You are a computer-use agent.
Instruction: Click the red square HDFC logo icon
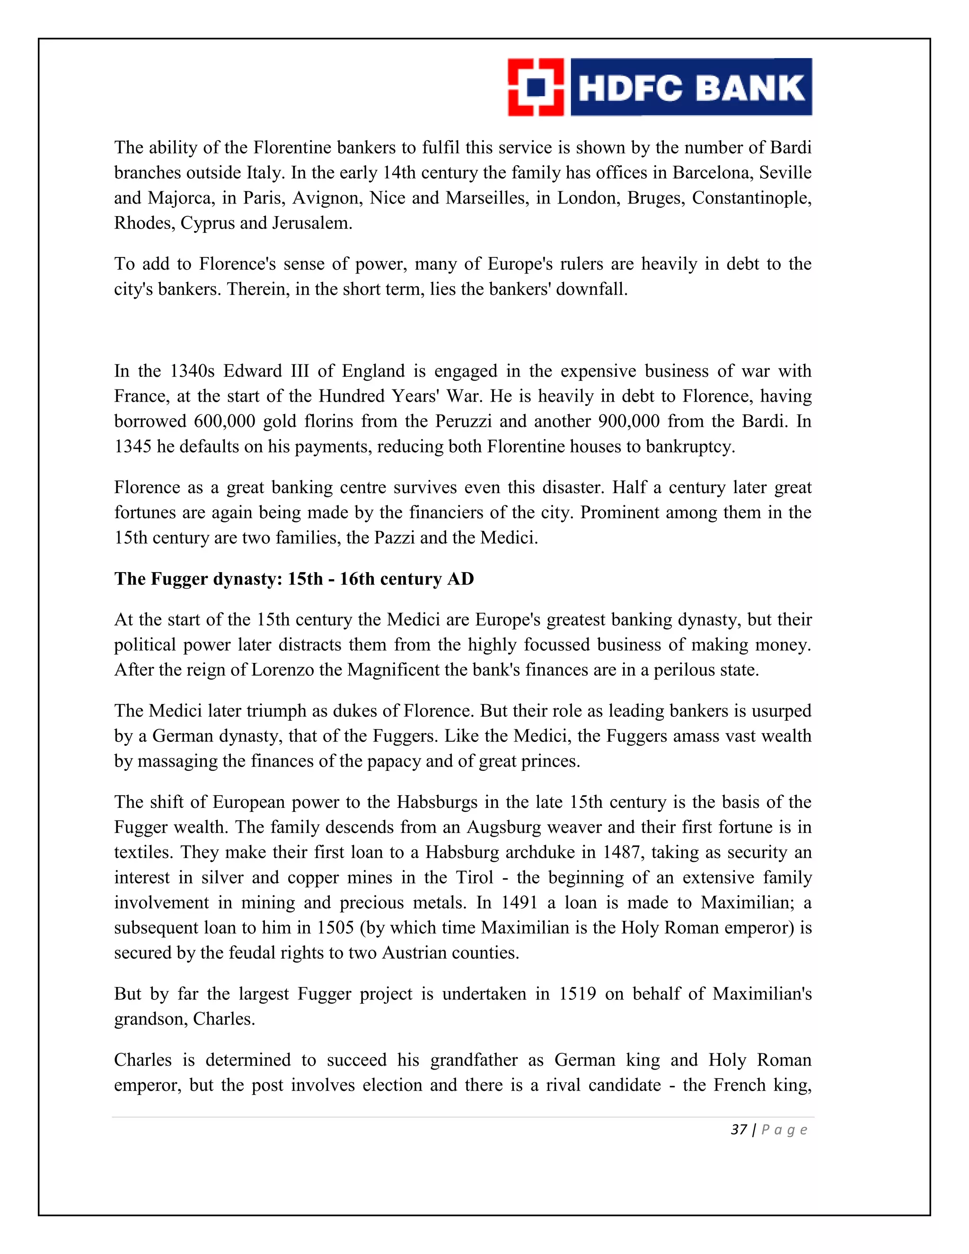click(x=536, y=87)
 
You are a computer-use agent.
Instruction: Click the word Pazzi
click(x=395, y=538)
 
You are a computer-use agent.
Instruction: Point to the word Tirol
click(x=474, y=878)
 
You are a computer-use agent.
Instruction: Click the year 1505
click(x=335, y=928)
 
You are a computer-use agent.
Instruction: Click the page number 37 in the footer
click(x=738, y=1130)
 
